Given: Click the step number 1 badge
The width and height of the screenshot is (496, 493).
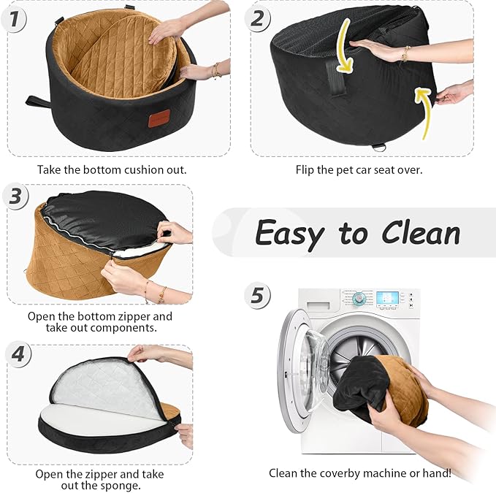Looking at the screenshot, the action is (14, 19).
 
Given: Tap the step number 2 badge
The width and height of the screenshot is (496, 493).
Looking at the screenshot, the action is (257, 18).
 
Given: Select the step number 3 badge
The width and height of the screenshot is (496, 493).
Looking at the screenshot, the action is (15, 196).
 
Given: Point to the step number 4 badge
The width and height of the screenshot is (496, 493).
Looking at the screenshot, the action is (18, 354).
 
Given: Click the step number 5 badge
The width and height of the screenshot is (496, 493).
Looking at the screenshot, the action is (257, 296).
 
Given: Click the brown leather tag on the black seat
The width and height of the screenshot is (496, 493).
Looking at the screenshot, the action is (159, 118).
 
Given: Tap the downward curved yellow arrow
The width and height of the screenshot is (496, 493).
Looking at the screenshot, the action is (344, 45).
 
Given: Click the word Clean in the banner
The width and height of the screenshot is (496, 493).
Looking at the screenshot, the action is (421, 233).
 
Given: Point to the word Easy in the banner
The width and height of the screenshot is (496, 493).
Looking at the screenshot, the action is (289, 235).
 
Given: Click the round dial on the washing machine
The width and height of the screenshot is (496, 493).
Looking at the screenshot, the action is (359, 298).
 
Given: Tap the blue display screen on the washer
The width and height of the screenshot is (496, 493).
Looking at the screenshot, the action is (387, 298).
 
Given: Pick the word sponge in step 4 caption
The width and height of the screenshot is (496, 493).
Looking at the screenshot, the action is (121, 486).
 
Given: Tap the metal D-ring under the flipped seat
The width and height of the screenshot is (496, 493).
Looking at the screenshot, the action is (378, 147).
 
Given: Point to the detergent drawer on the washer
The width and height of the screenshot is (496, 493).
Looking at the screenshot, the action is (318, 306).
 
